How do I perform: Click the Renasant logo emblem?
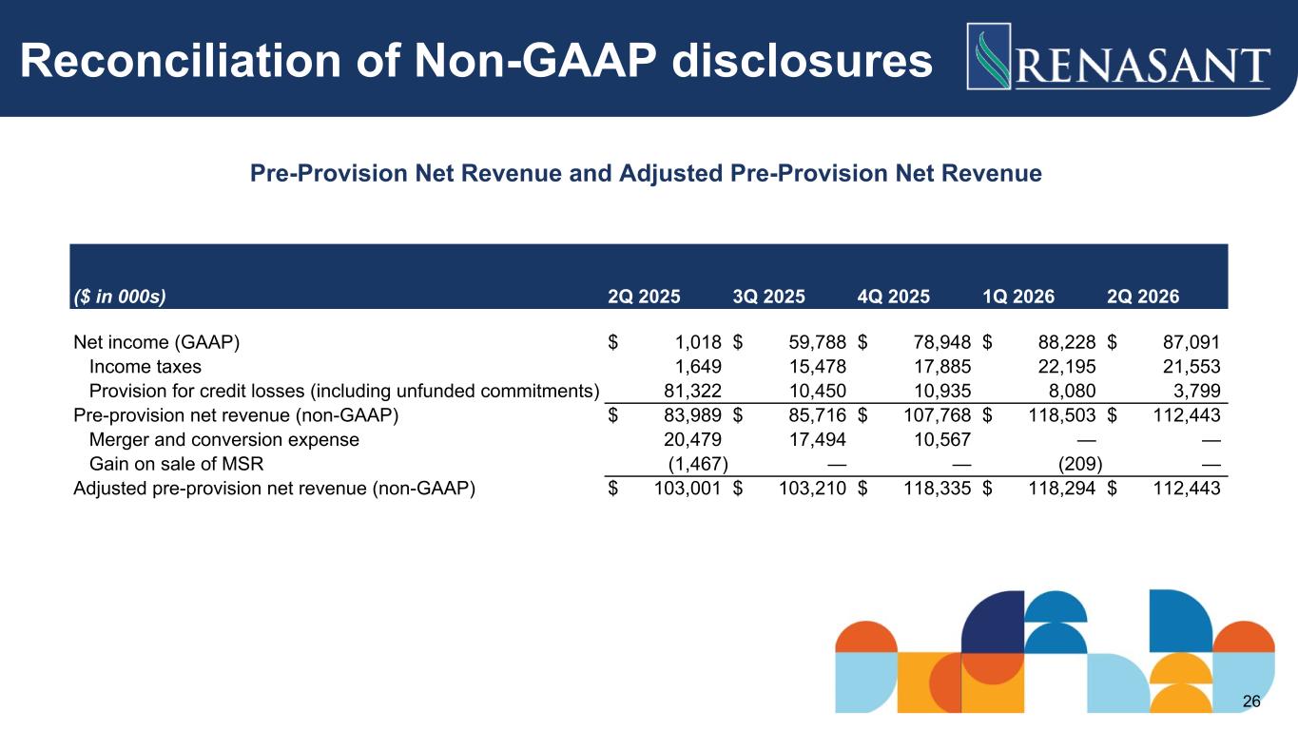(x=989, y=56)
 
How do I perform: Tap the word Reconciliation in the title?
(x=181, y=61)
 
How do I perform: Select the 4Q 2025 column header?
(x=894, y=297)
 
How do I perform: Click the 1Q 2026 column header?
(x=1018, y=297)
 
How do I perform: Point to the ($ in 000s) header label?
(x=120, y=297)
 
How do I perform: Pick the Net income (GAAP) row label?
(x=157, y=342)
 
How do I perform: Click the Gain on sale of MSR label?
(x=176, y=464)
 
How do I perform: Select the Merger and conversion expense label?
(x=224, y=440)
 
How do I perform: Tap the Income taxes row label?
(x=145, y=367)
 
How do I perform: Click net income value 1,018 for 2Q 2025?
(x=698, y=342)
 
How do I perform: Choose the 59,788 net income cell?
(x=817, y=342)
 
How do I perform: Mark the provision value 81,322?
(x=692, y=391)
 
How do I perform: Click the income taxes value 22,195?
(x=1067, y=367)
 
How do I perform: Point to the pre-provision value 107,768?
(x=937, y=415)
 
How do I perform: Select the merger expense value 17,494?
(x=817, y=440)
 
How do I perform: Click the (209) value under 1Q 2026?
(x=1080, y=464)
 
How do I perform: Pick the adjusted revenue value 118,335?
(x=937, y=489)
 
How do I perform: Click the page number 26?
(x=1251, y=701)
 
